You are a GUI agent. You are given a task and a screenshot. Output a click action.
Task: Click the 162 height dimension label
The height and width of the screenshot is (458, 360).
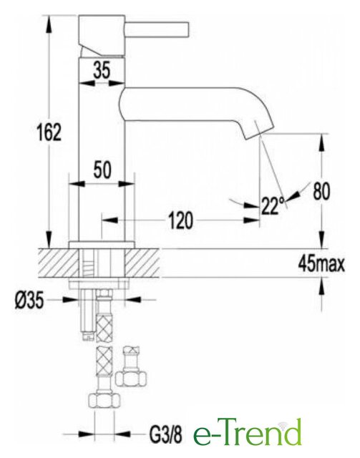tap(49, 132)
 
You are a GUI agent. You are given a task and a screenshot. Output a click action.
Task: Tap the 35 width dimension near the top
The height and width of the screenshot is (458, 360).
tap(102, 70)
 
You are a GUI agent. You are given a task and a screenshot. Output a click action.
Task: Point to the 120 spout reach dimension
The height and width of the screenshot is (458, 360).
tap(180, 220)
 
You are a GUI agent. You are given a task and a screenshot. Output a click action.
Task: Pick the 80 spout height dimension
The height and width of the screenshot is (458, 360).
tap(321, 191)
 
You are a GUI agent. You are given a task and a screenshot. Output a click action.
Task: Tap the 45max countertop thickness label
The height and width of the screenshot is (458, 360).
tap(321, 265)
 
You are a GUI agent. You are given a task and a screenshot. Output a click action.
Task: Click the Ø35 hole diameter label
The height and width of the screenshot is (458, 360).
tap(29, 301)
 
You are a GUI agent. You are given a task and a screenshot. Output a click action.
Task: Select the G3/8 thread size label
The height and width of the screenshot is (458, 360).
tap(165, 434)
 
